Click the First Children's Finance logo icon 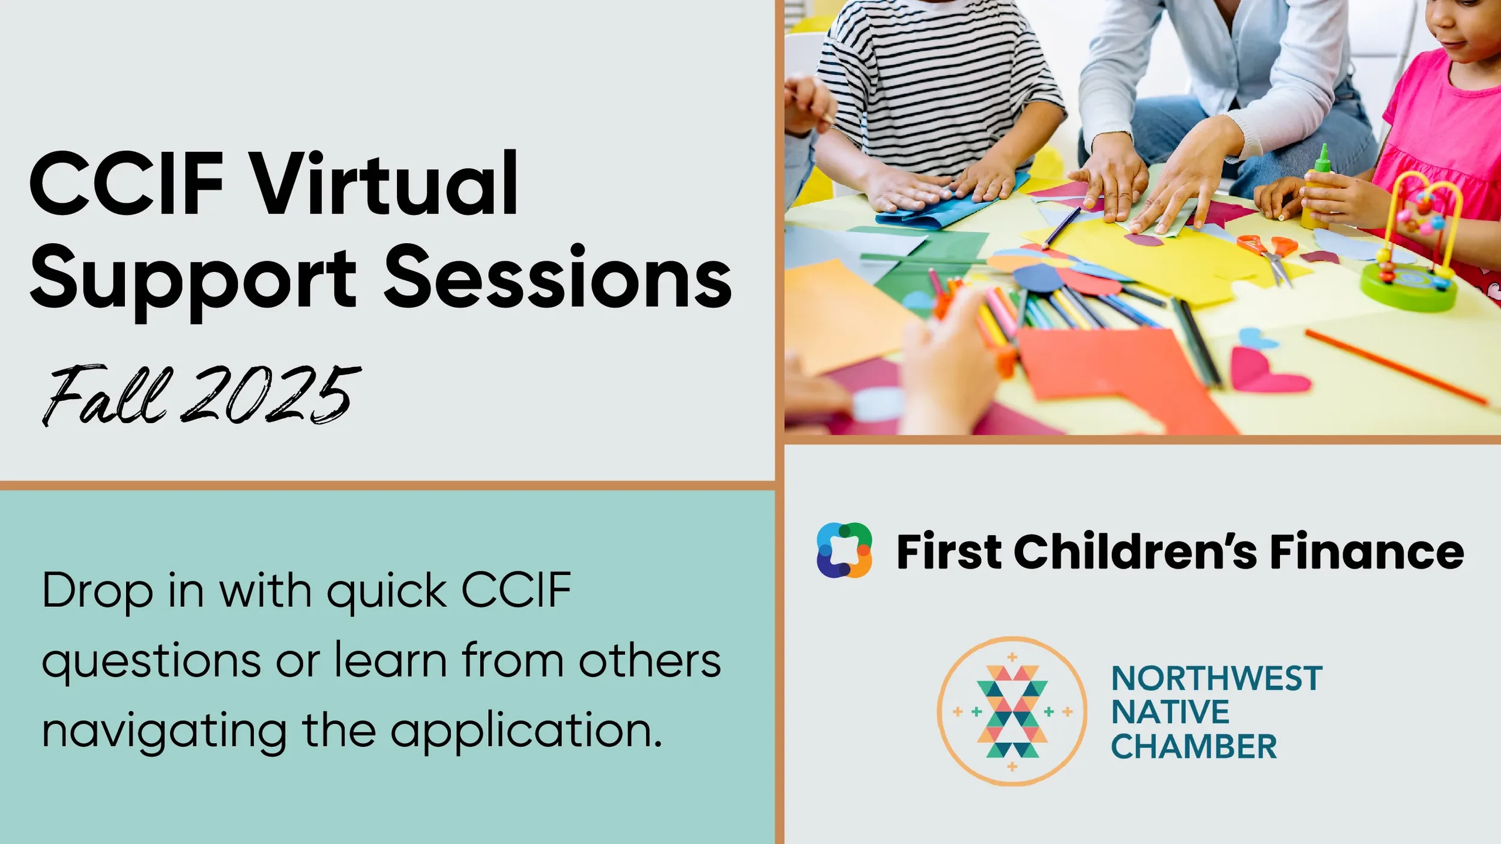(844, 550)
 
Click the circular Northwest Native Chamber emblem (1012, 711)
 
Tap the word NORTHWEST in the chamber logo (1216, 678)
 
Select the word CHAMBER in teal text (1194, 747)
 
